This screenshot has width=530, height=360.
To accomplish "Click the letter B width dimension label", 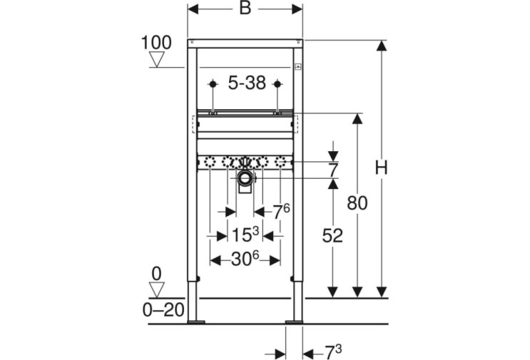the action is [245, 8].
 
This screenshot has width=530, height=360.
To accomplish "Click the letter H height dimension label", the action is [382, 168].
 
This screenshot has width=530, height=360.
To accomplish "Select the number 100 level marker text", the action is [156, 43].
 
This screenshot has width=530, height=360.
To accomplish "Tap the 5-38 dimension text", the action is [247, 83].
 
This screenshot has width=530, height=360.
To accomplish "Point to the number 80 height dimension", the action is [357, 203].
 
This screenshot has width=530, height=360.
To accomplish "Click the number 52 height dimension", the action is [332, 235].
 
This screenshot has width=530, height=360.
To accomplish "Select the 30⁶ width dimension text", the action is [245, 259].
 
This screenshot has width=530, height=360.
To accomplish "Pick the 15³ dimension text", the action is [245, 235].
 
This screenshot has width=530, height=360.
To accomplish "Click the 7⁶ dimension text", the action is [281, 212].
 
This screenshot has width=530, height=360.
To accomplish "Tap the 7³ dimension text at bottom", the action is [333, 353].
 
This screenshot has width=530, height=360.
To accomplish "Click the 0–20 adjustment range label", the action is [163, 309].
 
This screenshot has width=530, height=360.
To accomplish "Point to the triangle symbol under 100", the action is [157, 59].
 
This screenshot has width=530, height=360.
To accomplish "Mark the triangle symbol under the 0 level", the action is [157, 290].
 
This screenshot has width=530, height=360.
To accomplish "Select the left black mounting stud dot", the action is [213, 83].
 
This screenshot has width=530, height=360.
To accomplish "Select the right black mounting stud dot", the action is [277, 83].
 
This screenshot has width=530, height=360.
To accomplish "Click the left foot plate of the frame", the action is [196, 322].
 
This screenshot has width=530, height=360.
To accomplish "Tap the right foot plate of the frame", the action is [294, 322].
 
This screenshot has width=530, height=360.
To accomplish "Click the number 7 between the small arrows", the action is [333, 170].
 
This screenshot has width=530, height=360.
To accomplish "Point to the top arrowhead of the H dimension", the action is [382, 46].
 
